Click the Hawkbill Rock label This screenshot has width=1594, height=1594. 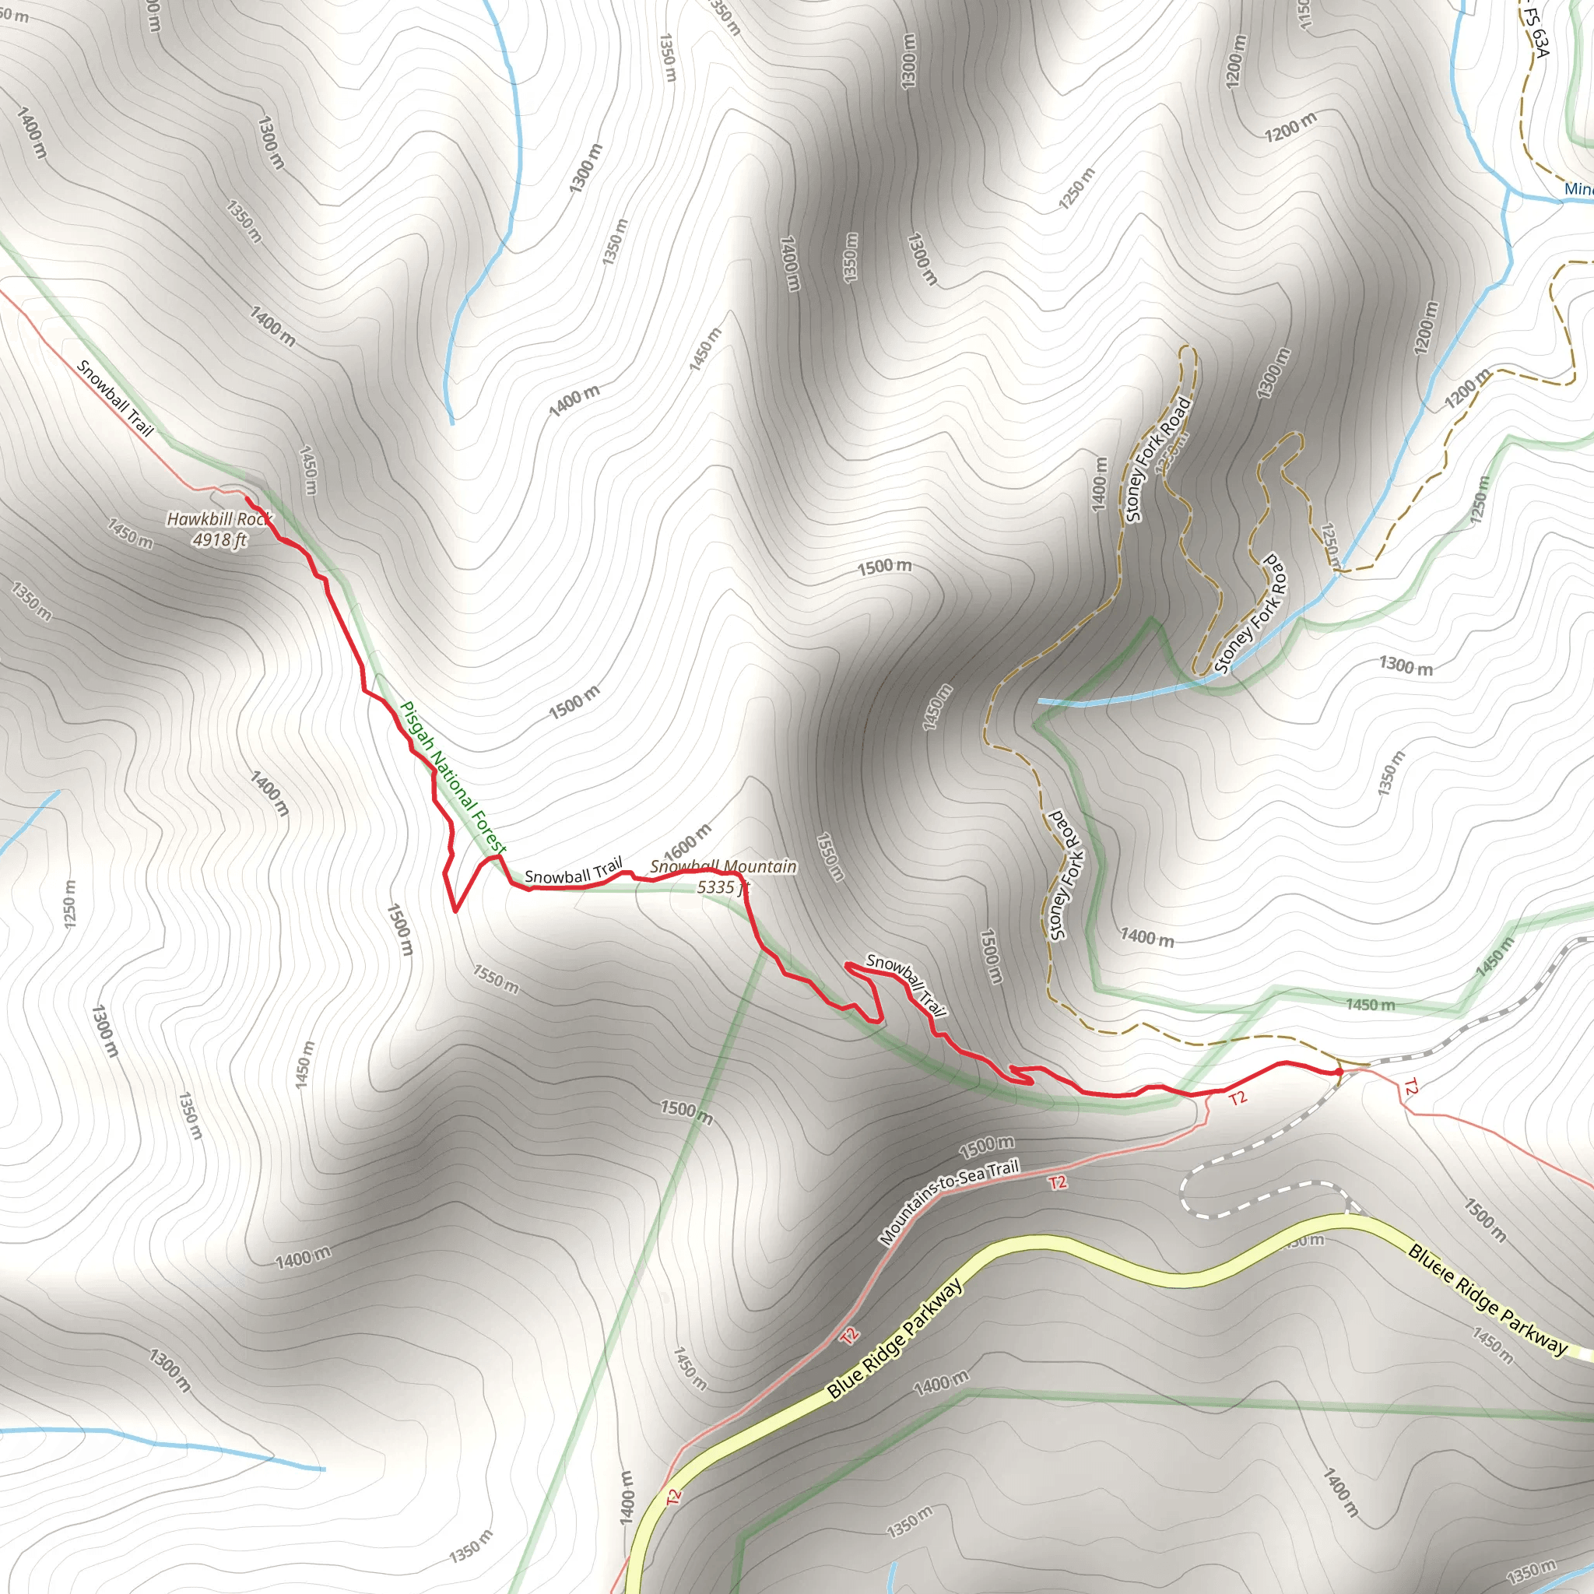(x=219, y=519)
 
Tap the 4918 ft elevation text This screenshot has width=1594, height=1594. (x=219, y=540)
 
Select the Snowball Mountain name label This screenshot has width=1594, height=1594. (x=723, y=867)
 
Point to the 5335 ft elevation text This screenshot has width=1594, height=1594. (x=723, y=888)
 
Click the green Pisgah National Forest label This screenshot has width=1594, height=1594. (x=453, y=778)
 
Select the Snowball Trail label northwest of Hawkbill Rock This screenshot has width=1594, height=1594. (x=115, y=398)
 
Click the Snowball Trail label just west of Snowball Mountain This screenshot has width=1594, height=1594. (x=574, y=871)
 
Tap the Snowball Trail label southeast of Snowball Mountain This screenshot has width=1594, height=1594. (x=906, y=985)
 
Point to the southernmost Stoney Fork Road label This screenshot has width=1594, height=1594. (x=1066, y=876)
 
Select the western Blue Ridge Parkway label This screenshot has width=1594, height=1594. (x=895, y=1338)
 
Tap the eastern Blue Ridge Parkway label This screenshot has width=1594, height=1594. (x=1487, y=1301)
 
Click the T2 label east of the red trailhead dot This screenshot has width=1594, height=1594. (x=1410, y=1088)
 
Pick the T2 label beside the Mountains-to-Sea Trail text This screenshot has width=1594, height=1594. (x=1058, y=1183)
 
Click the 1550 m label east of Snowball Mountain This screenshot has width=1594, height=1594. (x=830, y=856)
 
